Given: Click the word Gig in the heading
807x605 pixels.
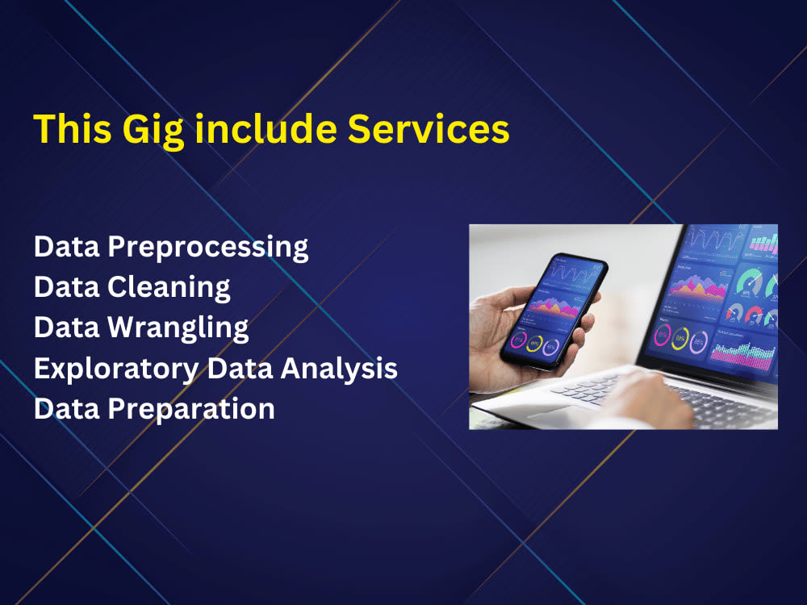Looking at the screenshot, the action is pyautogui.click(x=153, y=131).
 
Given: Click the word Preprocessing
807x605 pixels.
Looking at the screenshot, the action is pyautogui.click(x=208, y=248).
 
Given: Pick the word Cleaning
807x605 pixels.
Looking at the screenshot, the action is pyautogui.click(x=169, y=288).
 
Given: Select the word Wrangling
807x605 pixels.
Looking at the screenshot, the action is pyautogui.click(x=178, y=328).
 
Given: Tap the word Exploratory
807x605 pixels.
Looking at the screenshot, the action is pyautogui.click(x=116, y=369).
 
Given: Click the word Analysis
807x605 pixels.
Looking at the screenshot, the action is pyautogui.click(x=339, y=369).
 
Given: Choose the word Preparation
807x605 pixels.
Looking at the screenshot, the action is pyautogui.click(x=191, y=410).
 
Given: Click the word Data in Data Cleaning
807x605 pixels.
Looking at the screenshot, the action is pyautogui.click(x=67, y=287).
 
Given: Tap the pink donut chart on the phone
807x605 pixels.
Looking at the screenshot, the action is pyautogui.click(x=518, y=340).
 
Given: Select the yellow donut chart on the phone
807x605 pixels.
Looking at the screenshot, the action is pyautogui.click(x=535, y=343).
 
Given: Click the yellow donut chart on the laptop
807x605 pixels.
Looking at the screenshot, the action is pyautogui.click(x=680, y=338).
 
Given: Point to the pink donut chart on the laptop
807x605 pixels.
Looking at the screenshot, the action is pyautogui.click(x=662, y=336).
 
